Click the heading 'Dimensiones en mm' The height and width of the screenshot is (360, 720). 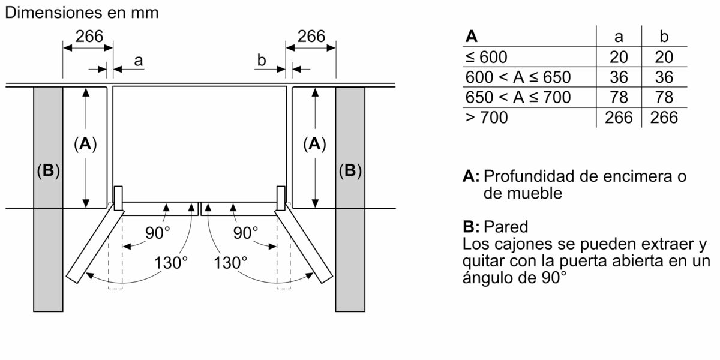[81, 13]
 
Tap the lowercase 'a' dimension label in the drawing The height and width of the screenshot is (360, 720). [139, 60]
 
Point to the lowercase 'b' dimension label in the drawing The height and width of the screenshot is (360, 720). [261, 60]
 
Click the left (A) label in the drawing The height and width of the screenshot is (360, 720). [85, 144]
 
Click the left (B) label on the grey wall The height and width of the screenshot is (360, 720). [48, 172]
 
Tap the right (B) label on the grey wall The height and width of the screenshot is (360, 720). [350, 172]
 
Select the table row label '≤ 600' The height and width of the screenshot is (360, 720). [486, 58]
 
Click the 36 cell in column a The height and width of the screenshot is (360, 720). [619, 77]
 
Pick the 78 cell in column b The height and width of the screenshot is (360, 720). [664, 97]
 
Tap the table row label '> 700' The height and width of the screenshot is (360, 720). [486, 118]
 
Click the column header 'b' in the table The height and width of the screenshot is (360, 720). [664, 37]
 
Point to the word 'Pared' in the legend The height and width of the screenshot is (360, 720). [505, 227]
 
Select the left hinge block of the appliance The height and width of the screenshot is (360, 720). [118, 199]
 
